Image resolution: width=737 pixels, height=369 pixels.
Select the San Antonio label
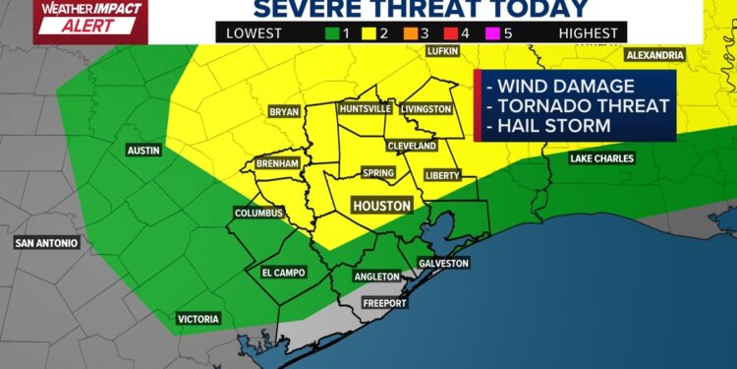click(x=45, y=242)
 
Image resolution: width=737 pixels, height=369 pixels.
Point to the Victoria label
click(x=198, y=319)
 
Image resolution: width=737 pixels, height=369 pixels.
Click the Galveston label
click(x=444, y=263)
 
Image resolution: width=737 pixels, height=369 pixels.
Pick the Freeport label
click(x=385, y=303)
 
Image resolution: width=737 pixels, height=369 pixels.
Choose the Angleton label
click(x=377, y=277)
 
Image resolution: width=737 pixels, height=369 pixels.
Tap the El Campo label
click(x=283, y=273)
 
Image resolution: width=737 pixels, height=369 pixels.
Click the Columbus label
click(x=258, y=213)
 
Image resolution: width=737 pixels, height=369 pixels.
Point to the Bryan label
click(x=283, y=112)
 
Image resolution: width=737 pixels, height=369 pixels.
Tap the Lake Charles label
click(x=602, y=158)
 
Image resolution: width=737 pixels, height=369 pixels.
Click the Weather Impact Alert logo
click(x=73, y=20)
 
